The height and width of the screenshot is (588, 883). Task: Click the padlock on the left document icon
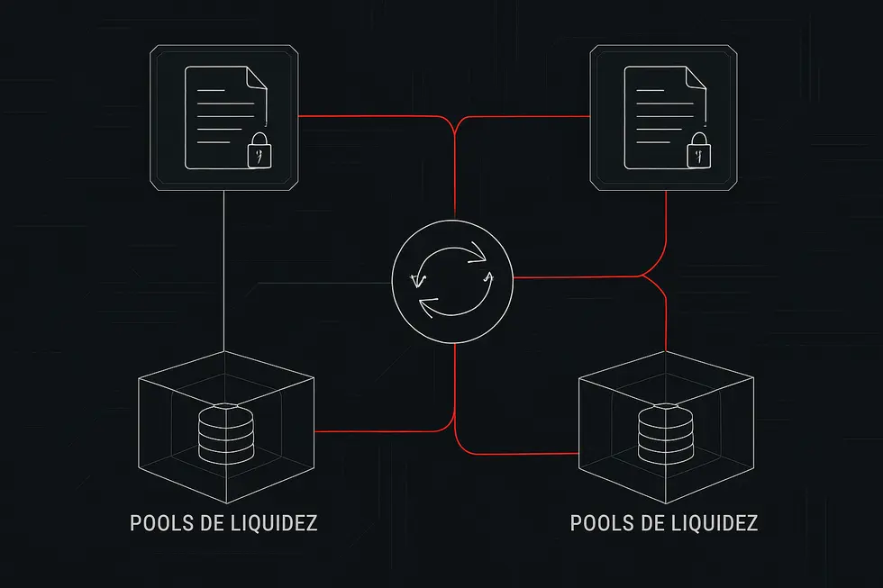259,151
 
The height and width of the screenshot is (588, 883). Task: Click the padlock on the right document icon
698,151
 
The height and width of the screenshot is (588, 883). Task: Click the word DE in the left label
209,523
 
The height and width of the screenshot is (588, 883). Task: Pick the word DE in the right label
650,523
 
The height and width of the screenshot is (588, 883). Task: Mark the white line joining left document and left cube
223,270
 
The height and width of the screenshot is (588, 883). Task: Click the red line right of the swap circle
577,277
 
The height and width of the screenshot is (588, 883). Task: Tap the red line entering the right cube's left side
523,452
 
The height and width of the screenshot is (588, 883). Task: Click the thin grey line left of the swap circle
342,285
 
